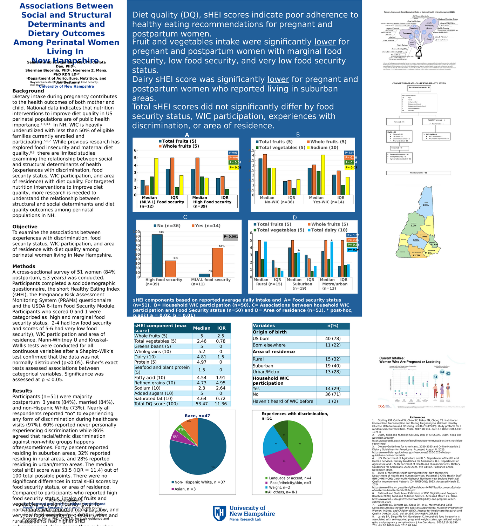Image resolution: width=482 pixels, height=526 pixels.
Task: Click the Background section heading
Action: click(x=28, y=91)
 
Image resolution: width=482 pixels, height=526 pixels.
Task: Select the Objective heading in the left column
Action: click(x=25, y=227)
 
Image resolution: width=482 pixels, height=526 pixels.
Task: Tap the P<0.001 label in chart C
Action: click(x=231, y=237)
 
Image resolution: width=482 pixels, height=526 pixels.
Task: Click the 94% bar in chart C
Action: click(x=157, y=255)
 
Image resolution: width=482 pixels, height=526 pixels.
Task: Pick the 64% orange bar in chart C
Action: click(x=217, y=262)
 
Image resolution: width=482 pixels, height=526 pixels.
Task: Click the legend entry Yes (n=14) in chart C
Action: click(x=206, y=226)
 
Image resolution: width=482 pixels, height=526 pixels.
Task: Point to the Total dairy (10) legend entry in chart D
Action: click(x=327, y=230)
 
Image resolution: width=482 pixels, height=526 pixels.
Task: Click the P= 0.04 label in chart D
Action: click(x=353, y=250)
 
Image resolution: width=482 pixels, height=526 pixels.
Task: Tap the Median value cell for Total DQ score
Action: click(x=202, y=404)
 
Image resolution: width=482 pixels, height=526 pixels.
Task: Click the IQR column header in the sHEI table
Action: click(x=221, y=328)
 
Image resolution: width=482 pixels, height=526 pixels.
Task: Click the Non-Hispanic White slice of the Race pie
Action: click(x=203, y=452)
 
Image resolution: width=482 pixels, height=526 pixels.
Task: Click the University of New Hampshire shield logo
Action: click(x=219, y=513)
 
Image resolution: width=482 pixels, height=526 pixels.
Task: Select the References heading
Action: click(x=417, y=417)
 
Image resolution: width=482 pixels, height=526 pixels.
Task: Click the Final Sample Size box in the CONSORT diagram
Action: click(x=418, y=173)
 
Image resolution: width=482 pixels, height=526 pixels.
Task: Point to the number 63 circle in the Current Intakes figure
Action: click(x=442, y=372)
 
